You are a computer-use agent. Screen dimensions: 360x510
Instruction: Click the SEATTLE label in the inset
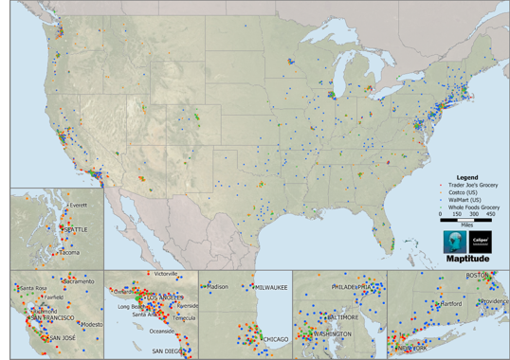tap(72, 229)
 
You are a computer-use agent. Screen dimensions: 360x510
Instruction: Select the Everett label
tap(78, 205)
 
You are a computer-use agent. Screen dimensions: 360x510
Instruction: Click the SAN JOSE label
tap(63, 338)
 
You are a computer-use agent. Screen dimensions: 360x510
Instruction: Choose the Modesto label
tap(91, 324)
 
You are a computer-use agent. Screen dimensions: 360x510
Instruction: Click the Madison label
tap(217, 286)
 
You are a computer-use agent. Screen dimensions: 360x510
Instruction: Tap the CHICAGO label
tap(275, 338)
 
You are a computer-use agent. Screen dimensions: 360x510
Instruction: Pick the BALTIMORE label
tap(339, 316)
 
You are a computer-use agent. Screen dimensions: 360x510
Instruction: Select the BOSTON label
tap(478, 275)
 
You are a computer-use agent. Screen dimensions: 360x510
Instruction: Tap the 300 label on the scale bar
tap(474, 215)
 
